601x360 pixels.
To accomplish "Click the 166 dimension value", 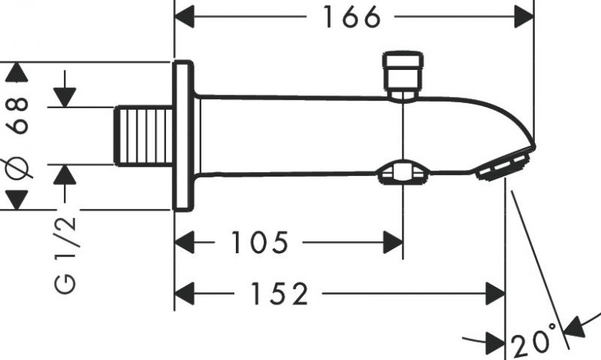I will [x=352, y=17].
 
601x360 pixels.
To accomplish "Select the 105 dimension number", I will [x=259, y=242].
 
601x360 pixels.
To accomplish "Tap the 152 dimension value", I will [x=279, y=294].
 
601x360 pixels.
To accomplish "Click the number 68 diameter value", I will [x=21, y=115].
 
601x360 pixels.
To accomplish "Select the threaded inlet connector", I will [x=144, y=136].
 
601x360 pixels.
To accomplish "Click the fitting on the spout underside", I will [x=404, y=174].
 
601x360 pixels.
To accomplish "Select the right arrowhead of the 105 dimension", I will [x=393, y=242].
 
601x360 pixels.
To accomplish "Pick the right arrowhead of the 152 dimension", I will [x=494, y=294].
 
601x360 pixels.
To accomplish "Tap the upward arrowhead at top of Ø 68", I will [x=17, y=72].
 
